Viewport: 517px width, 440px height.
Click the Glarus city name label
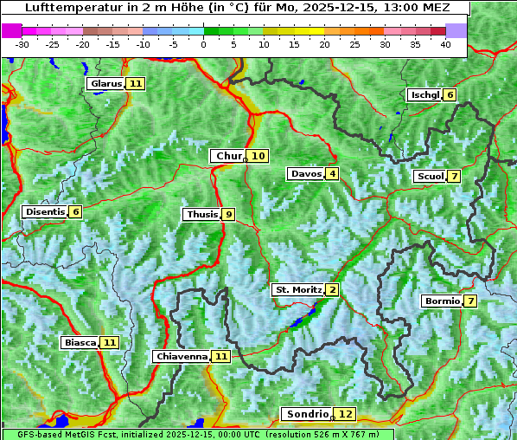tap(105, 84)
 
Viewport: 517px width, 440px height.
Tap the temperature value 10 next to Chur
tap(259, 156)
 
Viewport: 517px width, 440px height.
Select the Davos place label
tap(306, 174)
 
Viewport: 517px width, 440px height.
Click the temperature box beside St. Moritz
tap(333, 289)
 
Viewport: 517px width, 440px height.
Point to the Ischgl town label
tap(424, 94)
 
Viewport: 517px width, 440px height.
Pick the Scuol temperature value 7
tap(455, 177)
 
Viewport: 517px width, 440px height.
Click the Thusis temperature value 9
tap(228, 214)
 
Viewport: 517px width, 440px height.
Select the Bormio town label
tap(442, 301)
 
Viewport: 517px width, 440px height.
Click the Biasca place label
tap(80, 343)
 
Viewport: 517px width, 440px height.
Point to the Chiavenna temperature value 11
tap(221, 356)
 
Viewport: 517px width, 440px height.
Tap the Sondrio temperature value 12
tap(346, 414)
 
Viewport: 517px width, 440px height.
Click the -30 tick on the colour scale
tap(22, 44)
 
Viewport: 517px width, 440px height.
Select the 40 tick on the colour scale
tap(445, 44)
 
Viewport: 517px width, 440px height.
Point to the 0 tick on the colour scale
tap(204, 44)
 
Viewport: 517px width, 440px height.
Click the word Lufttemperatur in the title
tap(64, 7)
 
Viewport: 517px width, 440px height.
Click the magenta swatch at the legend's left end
tap(12, 30)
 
